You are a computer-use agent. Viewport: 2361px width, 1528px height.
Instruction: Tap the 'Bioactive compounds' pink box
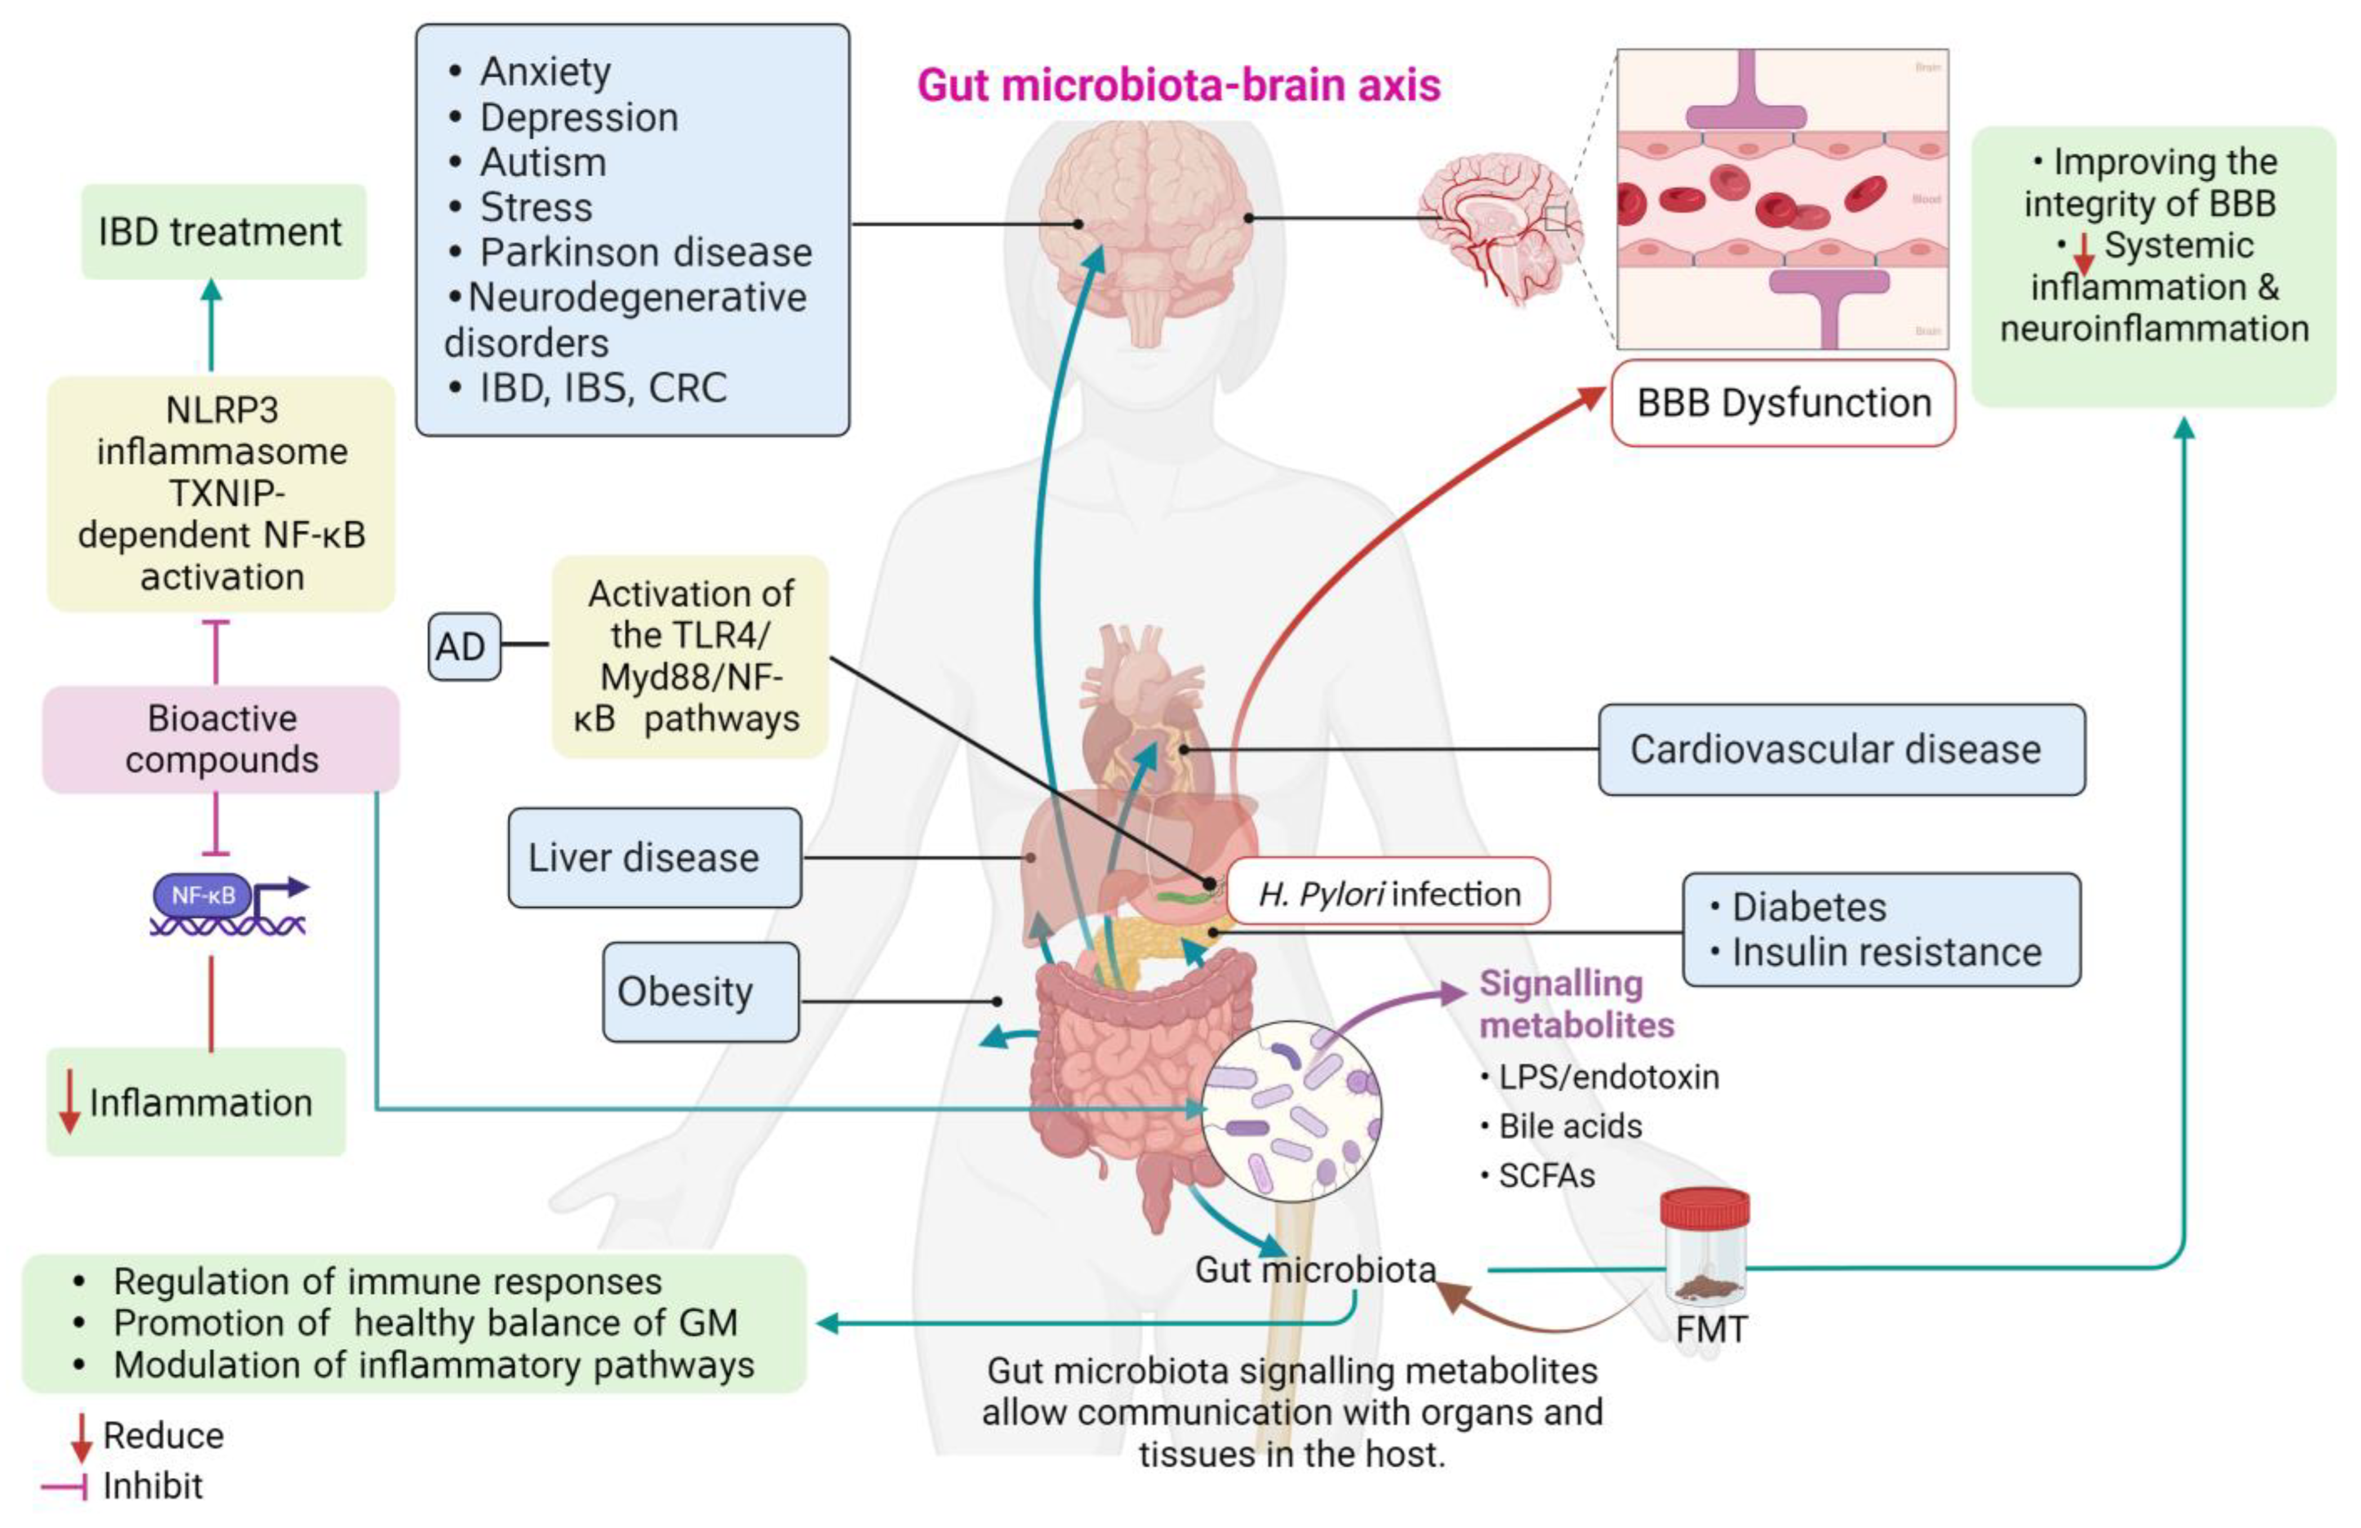[x=221, y=739]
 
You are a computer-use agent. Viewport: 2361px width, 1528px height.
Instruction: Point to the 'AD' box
[x=463, y=647]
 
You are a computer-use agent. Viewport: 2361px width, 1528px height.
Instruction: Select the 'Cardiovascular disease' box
[x=1840, y=750]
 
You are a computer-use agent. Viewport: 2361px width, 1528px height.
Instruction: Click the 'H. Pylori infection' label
[x=1388, y=894]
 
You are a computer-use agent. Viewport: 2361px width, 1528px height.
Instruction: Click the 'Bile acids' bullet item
[x=1569, y=1126]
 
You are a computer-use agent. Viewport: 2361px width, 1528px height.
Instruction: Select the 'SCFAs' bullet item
[x=1546, y=1176]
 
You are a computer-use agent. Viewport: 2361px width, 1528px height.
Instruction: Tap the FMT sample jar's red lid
[x=1704, y=1207]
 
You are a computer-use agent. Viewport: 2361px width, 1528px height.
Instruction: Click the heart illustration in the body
[x=1141, y=714]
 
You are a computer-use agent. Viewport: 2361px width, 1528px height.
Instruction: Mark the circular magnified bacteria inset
[x=1290, y=1111]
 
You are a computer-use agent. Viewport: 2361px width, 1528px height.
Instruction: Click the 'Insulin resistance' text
[x=1886, y=953]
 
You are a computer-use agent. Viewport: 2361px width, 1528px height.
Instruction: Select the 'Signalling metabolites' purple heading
[x=1575, y=1004]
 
